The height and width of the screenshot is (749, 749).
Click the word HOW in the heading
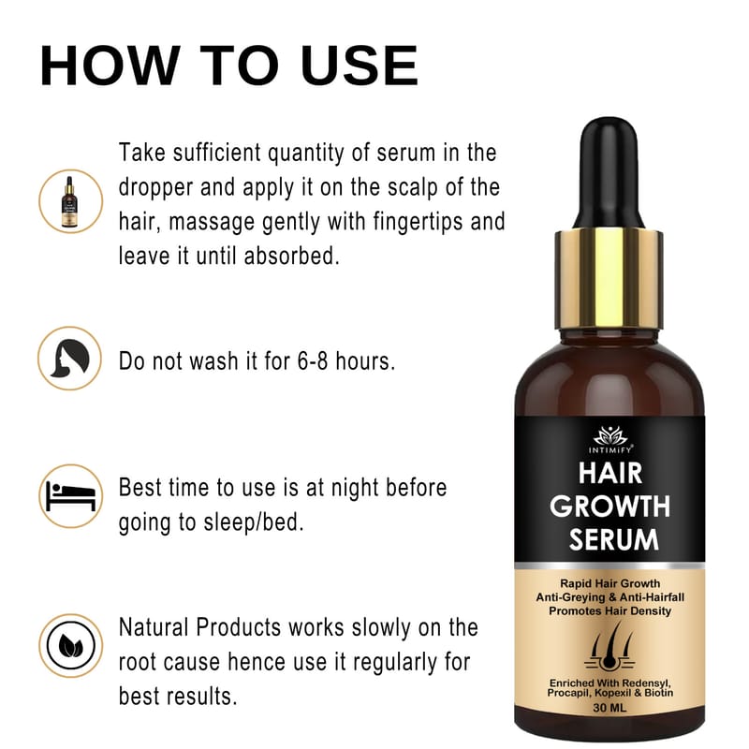(110, 66)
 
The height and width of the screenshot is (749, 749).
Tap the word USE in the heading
(360, 66)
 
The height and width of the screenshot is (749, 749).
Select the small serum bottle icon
(69, 201)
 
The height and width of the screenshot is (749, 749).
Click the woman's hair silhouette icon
(69, 359)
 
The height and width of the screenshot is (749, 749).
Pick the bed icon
(71, 496)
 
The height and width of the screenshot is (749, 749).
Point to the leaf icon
(71, 646)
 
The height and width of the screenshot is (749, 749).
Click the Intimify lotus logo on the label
(610, 435)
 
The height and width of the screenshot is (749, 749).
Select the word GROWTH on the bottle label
(610, 506)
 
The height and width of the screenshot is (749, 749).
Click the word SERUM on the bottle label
(614, 539)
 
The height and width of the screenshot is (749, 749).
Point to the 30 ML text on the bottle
(609, 708)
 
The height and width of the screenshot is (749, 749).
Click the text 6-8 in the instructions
(313, 361)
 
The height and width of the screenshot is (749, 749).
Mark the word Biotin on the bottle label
(659, 693)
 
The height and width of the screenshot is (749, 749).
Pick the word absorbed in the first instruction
(291, 256)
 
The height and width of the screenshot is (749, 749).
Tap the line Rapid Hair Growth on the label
(610, 583)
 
